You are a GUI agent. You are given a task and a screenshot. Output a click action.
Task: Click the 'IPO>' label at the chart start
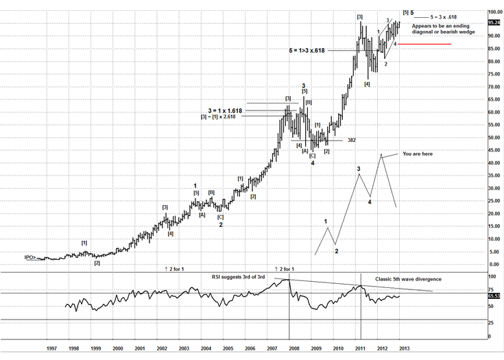29,258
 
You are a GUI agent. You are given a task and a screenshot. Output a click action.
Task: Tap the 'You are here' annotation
418,154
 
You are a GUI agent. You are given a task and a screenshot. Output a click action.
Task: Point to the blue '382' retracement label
351,140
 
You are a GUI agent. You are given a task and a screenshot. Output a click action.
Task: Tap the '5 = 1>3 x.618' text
316,51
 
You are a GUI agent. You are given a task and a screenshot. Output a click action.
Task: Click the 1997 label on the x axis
51,348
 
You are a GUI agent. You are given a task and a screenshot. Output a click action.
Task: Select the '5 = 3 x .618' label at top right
445,15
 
